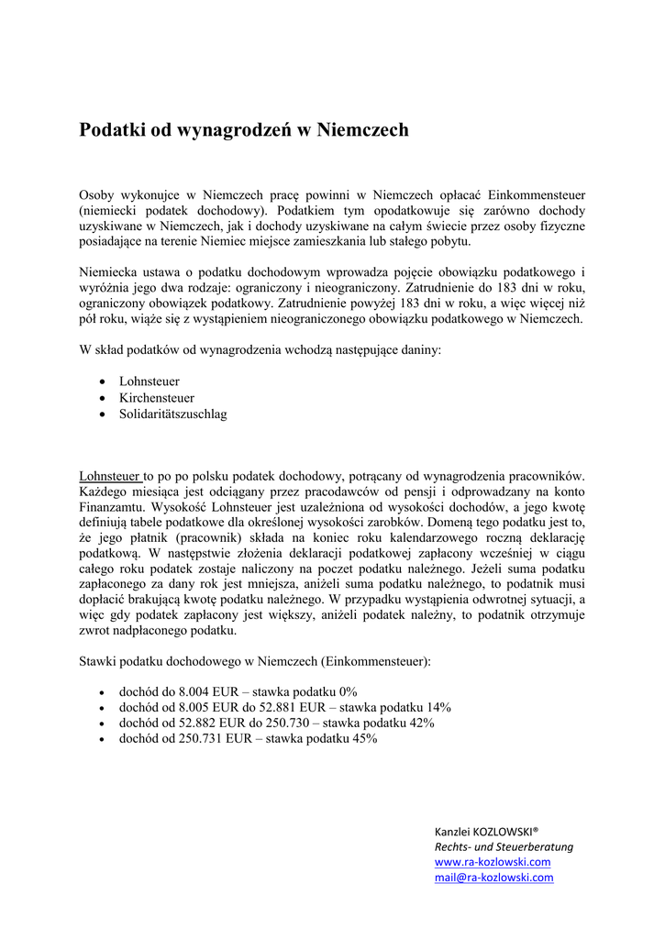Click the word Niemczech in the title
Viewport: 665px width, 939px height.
click(x=362, y=131)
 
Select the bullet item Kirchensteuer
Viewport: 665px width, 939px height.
click(x=156, y=398)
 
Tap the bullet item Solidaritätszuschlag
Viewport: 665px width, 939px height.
click(x=172, y=414)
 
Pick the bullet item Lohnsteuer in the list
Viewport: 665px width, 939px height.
click(x=149, y=381)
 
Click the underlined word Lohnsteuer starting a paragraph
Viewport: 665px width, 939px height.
click(x=109, y=476)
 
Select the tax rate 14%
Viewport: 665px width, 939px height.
click(x=438, y=707)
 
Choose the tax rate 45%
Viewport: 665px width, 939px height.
click(x=363, y=738)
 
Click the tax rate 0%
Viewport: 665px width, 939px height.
click(x=348, y=690)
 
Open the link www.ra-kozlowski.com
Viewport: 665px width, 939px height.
click(x=492, y=862)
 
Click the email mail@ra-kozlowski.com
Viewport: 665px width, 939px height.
click(x=493, y=878)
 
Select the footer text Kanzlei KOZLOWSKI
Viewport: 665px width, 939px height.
click(x=485, y=831)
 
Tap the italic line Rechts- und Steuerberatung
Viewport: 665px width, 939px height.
click(x=503, y=846)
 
